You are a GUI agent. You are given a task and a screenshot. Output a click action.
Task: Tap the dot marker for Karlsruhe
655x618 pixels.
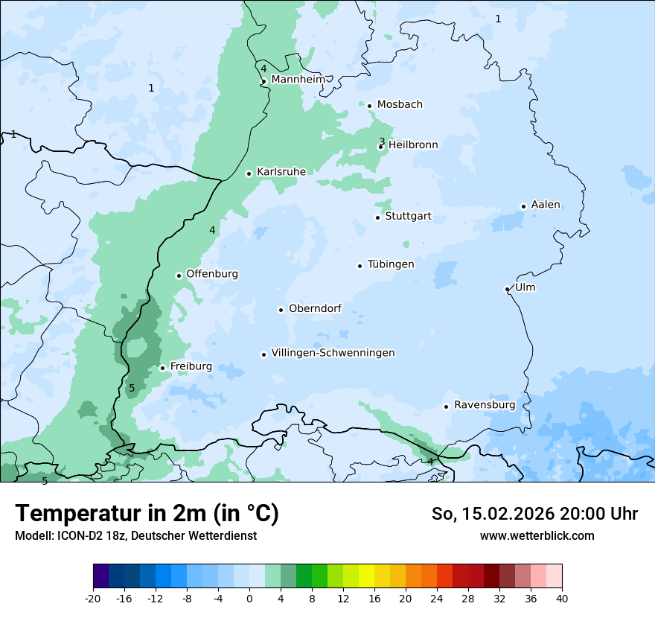249,173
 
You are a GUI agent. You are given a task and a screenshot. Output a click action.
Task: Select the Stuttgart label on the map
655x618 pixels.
408,217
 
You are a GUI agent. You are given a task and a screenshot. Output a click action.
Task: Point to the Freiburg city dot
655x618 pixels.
162,368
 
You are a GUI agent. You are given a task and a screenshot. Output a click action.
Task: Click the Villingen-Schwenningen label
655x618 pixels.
333,353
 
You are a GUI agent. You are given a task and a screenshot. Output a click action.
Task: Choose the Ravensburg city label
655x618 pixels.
485,405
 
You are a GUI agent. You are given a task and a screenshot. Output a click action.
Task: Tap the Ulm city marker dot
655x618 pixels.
507,289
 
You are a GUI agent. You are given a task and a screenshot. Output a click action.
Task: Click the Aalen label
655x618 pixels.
546,205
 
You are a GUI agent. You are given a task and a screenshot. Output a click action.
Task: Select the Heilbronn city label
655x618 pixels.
413,145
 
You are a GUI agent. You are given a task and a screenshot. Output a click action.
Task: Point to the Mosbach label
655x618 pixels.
400,105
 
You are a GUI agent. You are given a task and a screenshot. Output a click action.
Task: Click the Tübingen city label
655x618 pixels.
391,264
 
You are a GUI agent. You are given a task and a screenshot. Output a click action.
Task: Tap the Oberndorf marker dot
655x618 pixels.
281,310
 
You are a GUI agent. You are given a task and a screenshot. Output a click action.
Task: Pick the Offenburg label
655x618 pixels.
212,274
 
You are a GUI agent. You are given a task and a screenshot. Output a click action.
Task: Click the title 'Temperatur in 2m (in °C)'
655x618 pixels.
147,513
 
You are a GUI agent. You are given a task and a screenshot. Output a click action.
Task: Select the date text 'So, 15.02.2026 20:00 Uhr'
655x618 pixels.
534,514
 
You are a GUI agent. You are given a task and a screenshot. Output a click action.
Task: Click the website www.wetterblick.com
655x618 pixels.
537,535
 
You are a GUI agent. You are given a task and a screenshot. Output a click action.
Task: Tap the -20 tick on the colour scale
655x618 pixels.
93,597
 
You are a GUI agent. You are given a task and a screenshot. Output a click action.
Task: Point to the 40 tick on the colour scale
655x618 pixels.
561,597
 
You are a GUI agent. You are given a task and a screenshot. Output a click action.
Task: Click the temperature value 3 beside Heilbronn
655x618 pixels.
382,141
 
